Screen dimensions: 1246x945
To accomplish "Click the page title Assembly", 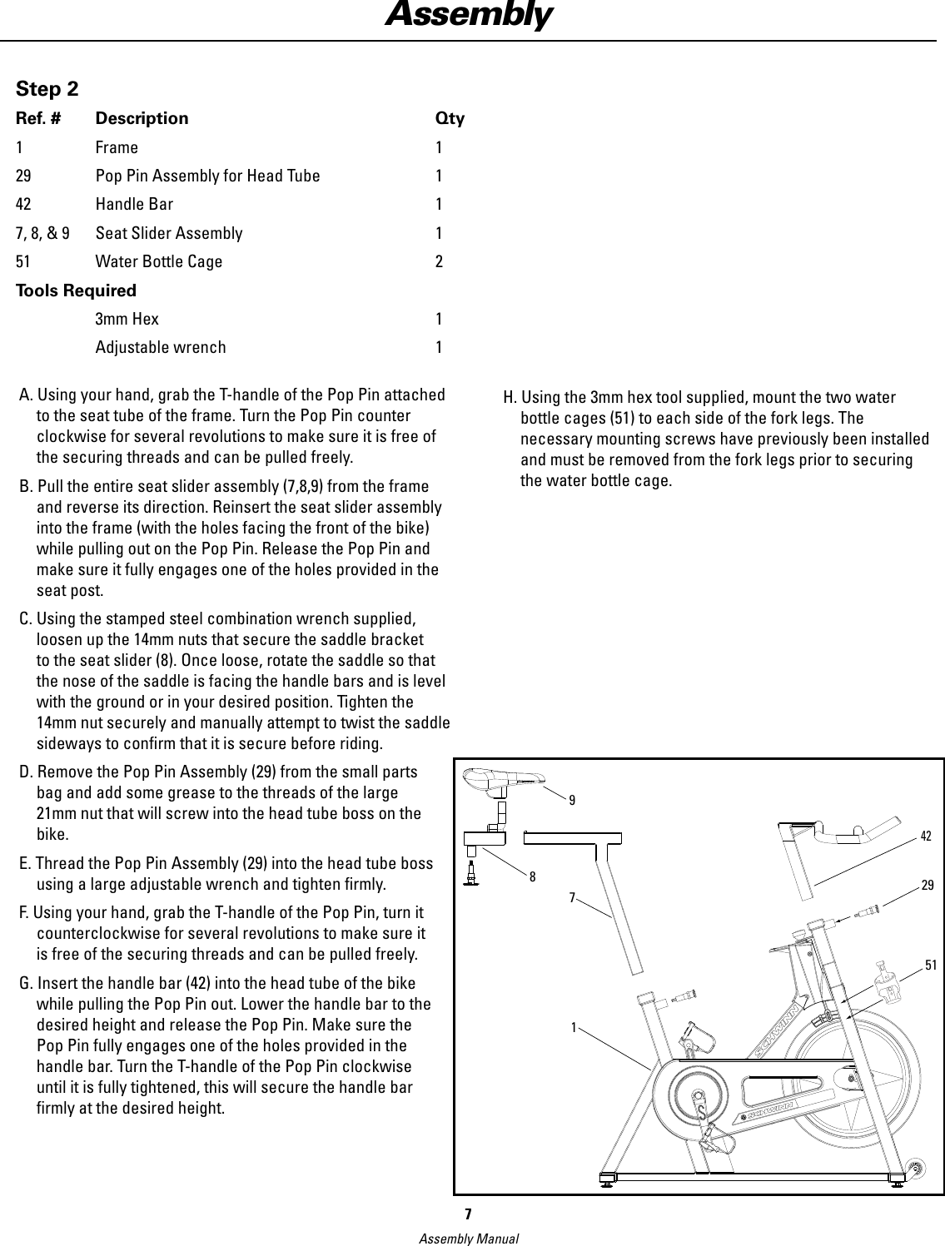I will [468, 16].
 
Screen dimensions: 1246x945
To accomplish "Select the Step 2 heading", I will [48, 89].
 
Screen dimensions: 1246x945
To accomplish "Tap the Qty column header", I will [450, 118].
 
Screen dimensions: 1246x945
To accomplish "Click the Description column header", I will [142, 118].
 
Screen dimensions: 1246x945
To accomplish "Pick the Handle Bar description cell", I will [134, 204].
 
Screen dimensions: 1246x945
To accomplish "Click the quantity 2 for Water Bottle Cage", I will [439, 262].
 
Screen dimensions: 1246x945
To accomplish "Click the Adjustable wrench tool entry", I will [160, 347].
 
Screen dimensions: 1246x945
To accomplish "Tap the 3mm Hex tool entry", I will [127, 319].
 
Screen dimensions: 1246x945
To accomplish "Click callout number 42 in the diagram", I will [927, 836].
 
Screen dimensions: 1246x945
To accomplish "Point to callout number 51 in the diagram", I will [930, 965].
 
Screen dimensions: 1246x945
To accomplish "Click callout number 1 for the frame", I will [574, 1027].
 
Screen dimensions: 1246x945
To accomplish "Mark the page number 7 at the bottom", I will [468, 1214].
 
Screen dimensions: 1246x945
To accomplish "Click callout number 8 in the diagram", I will [531, 876].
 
